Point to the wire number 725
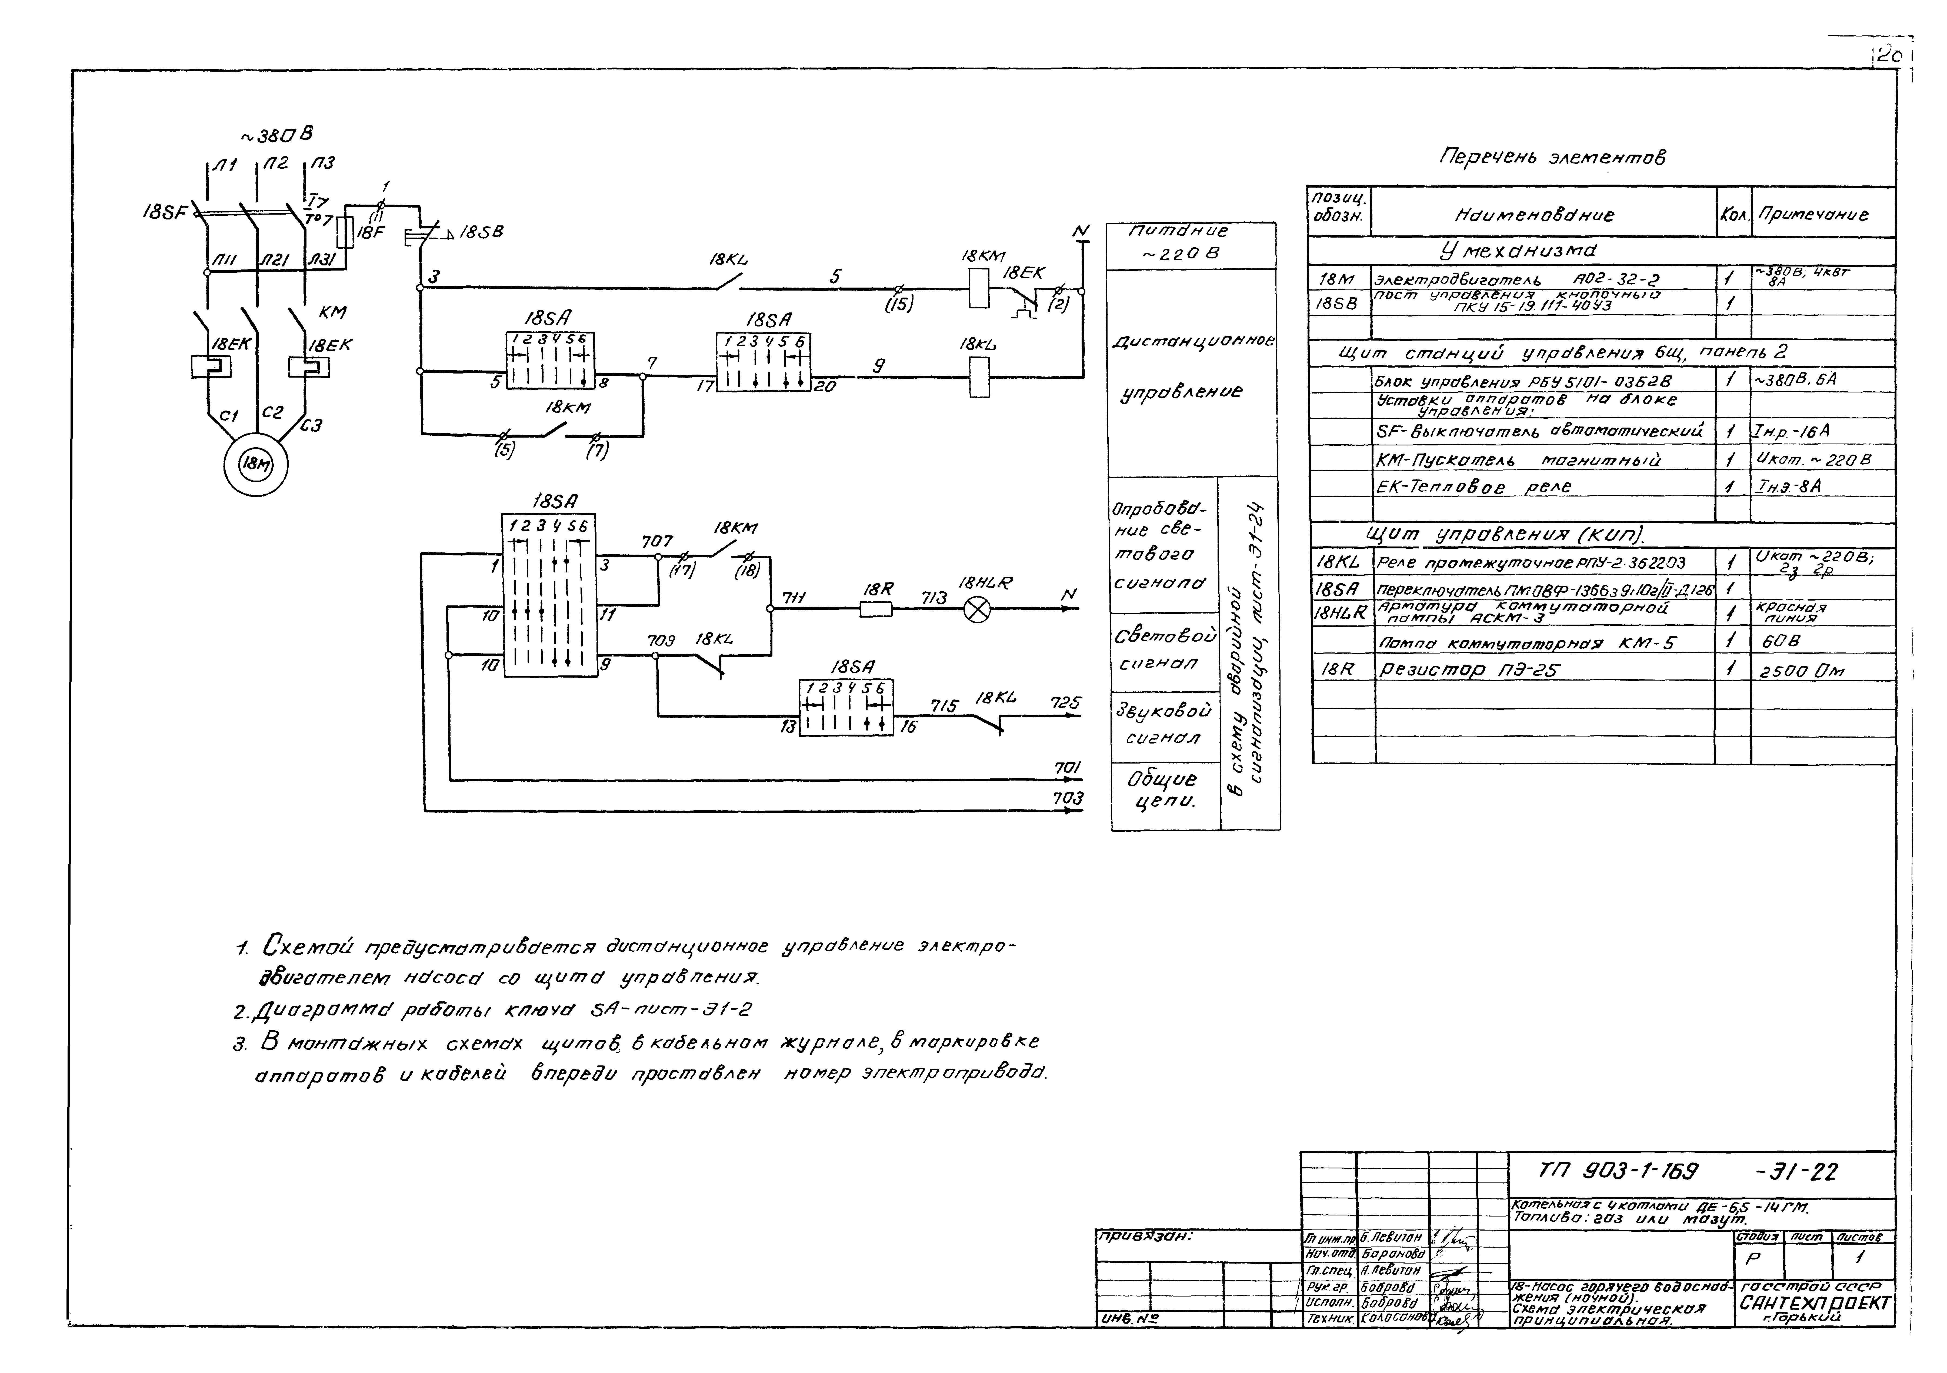click(1065, 703)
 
